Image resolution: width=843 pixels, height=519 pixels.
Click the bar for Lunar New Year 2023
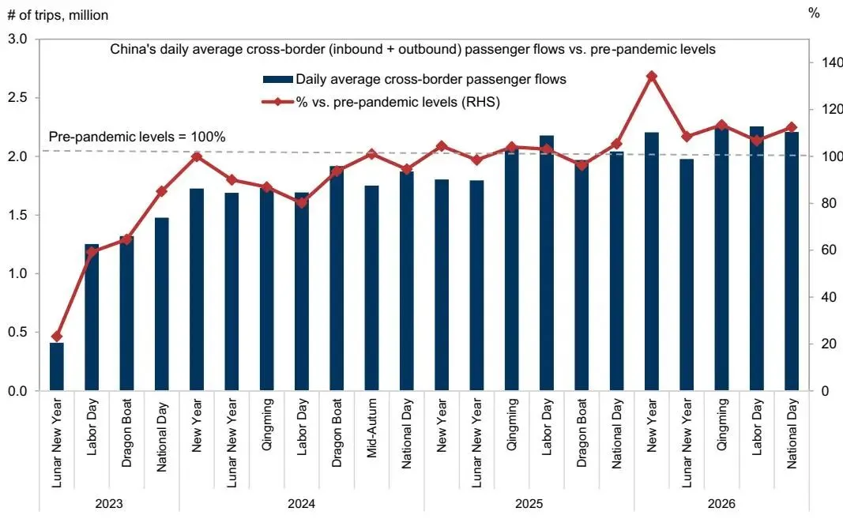point(56,367)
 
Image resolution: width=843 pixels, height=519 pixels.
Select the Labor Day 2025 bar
point(546,263)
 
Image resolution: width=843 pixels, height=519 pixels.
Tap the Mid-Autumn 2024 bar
point(371,288)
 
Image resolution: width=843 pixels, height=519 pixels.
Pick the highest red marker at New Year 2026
point(652,77)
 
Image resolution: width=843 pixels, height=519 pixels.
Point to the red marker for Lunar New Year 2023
point(56,337)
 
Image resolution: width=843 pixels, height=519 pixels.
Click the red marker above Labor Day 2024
point(302,203)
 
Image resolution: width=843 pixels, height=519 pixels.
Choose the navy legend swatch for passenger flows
point(277,80)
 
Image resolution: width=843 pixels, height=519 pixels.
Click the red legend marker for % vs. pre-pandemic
point(277,102)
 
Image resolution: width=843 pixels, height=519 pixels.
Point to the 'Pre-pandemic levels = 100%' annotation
point(137,137)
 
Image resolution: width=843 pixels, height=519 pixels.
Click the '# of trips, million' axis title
point(58,15)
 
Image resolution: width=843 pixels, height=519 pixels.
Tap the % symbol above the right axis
point(814,13)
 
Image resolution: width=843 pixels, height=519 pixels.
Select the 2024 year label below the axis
point(302,504)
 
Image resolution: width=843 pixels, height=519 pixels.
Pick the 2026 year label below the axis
point(721,504)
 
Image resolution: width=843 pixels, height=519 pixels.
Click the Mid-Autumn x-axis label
point(371,428)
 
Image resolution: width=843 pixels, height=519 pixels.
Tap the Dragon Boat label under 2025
point(581,432)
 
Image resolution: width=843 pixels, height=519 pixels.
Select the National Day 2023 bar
point(162,304)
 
